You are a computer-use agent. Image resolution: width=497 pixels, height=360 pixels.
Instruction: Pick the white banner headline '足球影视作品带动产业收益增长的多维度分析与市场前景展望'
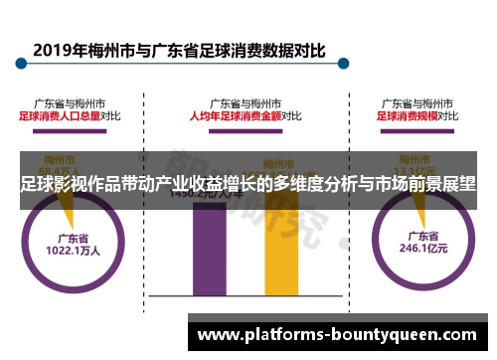[248, 183]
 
